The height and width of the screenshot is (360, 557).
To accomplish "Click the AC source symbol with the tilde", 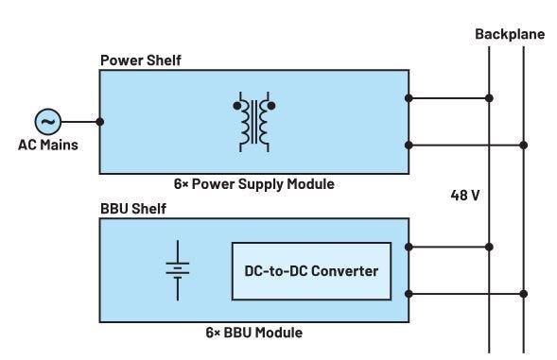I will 48,121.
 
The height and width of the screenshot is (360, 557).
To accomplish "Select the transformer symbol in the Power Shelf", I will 252,121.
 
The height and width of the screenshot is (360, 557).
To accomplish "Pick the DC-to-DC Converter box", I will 311,271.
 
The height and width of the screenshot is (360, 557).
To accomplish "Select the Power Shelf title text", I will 139,60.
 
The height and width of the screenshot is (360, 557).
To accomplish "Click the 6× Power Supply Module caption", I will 252,183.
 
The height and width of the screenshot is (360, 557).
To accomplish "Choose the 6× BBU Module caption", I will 252,333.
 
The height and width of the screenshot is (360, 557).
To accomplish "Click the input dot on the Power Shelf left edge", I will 100,121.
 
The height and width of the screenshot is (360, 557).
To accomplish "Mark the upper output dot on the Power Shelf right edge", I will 409,97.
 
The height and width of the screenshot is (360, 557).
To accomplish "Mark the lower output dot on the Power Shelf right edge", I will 409,145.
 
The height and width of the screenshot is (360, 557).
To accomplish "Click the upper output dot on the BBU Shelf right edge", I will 409,247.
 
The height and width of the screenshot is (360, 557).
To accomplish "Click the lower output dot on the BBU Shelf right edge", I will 409,294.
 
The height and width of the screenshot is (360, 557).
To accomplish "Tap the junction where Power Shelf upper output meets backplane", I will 489,97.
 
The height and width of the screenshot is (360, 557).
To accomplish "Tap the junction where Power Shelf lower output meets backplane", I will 524,145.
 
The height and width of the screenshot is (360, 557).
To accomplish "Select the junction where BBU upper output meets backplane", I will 489,247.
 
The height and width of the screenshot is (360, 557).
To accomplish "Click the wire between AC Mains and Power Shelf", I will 80,121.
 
